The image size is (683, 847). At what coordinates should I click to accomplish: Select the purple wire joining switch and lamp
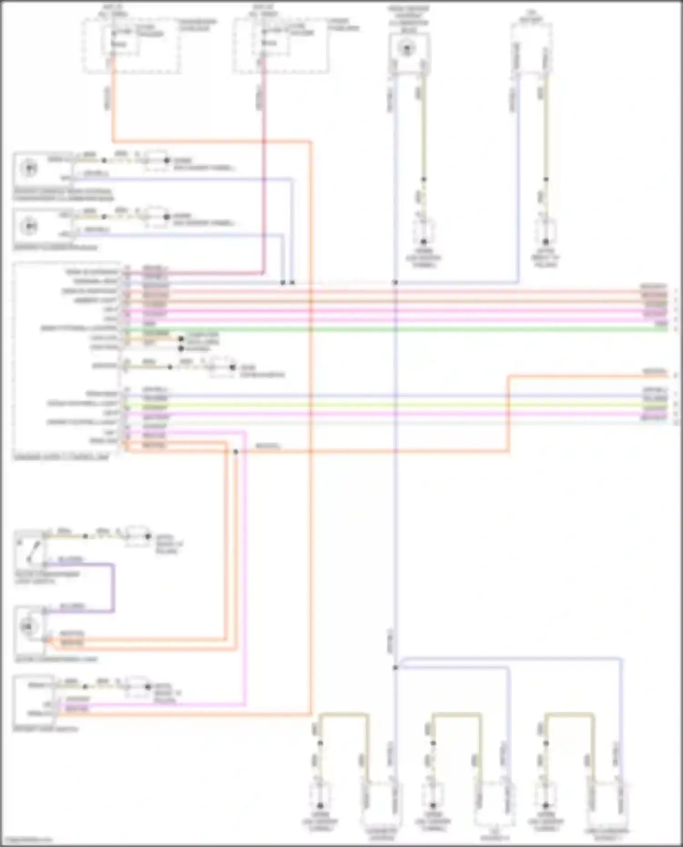tap(113, 587)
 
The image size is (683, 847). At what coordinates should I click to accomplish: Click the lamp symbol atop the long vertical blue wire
tap(406, 48)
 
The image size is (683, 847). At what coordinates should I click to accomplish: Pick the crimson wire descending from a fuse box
tap(264, 182)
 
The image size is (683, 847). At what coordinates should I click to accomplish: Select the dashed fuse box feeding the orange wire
tap(131, 46)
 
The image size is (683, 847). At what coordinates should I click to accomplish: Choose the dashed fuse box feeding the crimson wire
tap(281, 46)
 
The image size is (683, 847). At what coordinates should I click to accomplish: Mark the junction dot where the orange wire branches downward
tap(235, 451)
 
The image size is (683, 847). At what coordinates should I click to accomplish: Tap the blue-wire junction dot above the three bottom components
tap(395, 667)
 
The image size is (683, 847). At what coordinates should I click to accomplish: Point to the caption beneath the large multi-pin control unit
tap(61, 457)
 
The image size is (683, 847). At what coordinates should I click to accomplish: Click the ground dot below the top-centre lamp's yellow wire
tap(423, 242)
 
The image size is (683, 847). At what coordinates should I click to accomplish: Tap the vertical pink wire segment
tap(245, 569)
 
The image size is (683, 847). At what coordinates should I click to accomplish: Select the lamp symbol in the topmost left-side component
tap(30, 168)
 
